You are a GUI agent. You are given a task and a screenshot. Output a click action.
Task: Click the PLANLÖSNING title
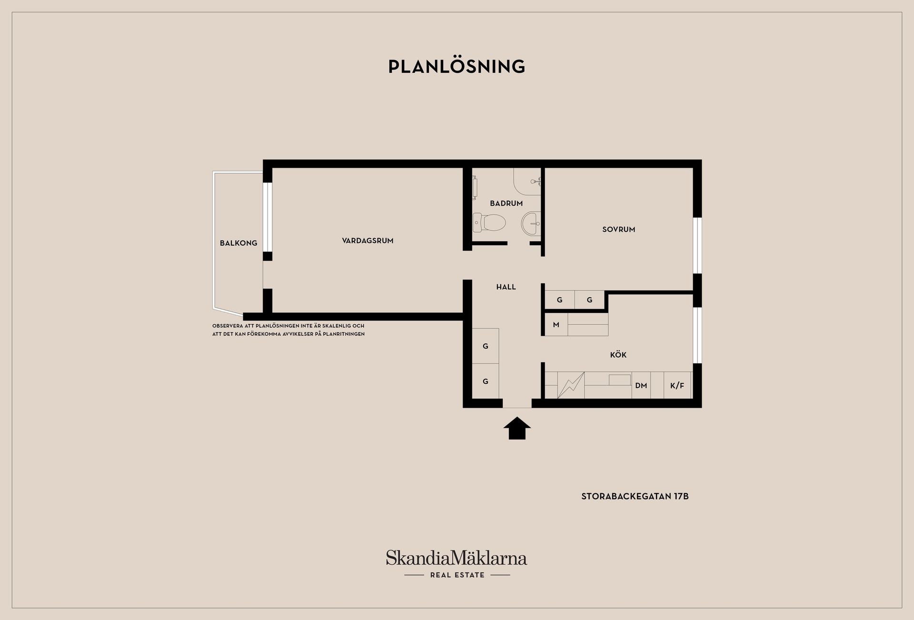457,67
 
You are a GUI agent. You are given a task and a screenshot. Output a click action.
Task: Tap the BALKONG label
238,243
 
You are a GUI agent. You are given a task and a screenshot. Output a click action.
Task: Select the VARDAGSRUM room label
368,240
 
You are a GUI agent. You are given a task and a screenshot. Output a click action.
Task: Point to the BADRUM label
506,203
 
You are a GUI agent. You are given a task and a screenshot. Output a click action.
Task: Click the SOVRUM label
618,229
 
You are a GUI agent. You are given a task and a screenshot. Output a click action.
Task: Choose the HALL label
506,287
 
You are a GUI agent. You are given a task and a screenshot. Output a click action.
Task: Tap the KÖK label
618,354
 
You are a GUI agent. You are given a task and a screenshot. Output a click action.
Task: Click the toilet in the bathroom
489,223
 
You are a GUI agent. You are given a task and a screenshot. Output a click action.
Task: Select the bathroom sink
531,223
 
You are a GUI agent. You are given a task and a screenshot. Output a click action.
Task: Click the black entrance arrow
517,428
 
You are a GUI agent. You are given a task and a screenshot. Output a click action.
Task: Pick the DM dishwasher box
641,385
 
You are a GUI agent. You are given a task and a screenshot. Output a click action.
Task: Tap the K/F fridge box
677,385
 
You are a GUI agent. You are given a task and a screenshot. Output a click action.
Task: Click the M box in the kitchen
556,324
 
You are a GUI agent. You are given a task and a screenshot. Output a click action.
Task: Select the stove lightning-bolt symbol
571,385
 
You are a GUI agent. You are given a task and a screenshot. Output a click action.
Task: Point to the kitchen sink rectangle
619,380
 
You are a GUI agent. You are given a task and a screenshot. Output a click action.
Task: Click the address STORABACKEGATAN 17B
635,496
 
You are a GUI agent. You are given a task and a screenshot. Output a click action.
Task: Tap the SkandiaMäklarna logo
457,558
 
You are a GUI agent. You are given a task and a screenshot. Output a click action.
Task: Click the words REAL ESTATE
457,575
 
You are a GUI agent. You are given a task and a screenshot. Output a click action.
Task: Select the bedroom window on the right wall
697,245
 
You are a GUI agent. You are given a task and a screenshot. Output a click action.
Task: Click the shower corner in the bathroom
527,181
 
